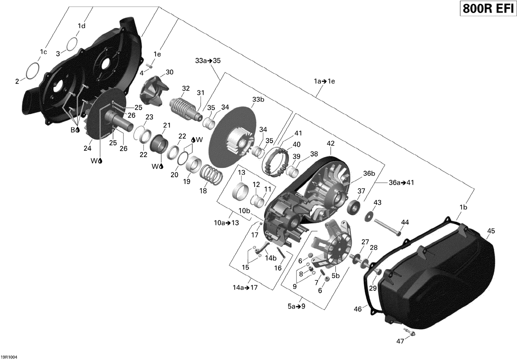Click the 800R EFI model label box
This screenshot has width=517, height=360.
coord(487,9)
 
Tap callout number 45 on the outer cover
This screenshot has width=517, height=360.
coord(491,231)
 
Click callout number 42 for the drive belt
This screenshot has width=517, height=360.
coord(331,143)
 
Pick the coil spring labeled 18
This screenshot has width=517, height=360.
coord(211,173)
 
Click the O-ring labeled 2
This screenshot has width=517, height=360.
coord(32,71)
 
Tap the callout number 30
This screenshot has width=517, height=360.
coord(170,72)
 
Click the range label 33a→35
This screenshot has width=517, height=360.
coord(208,61)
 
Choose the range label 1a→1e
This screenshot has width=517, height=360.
coord(324,81)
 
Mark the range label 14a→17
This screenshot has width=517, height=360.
coord(245,287)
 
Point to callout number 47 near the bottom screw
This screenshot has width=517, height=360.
coord(400,341)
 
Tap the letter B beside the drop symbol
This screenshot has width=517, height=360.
coord(73,130)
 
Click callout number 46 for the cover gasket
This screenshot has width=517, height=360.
coord(358,309)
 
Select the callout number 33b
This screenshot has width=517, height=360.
coord(258,100)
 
